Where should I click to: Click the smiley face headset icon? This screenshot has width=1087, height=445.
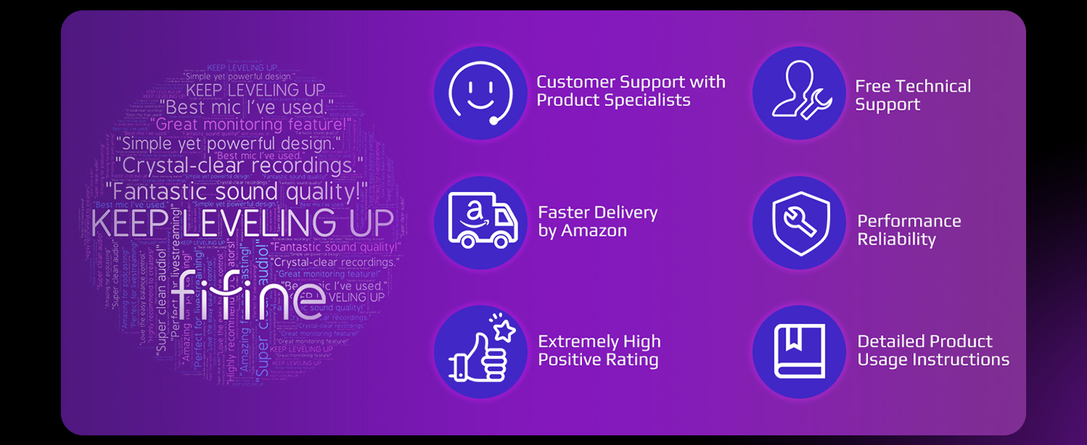coord(480,92)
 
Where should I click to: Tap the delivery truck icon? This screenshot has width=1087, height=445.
coord(480,221)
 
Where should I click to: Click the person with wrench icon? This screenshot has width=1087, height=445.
coord(799,93)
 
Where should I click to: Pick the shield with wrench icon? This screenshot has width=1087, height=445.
coord(799,222)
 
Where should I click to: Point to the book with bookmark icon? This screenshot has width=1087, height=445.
coord(799,351)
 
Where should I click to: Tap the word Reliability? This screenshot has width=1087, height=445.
coord(896,240)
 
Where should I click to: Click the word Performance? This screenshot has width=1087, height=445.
coord(909,221)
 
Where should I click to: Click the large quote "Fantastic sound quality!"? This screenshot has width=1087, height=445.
coord(236,192)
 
